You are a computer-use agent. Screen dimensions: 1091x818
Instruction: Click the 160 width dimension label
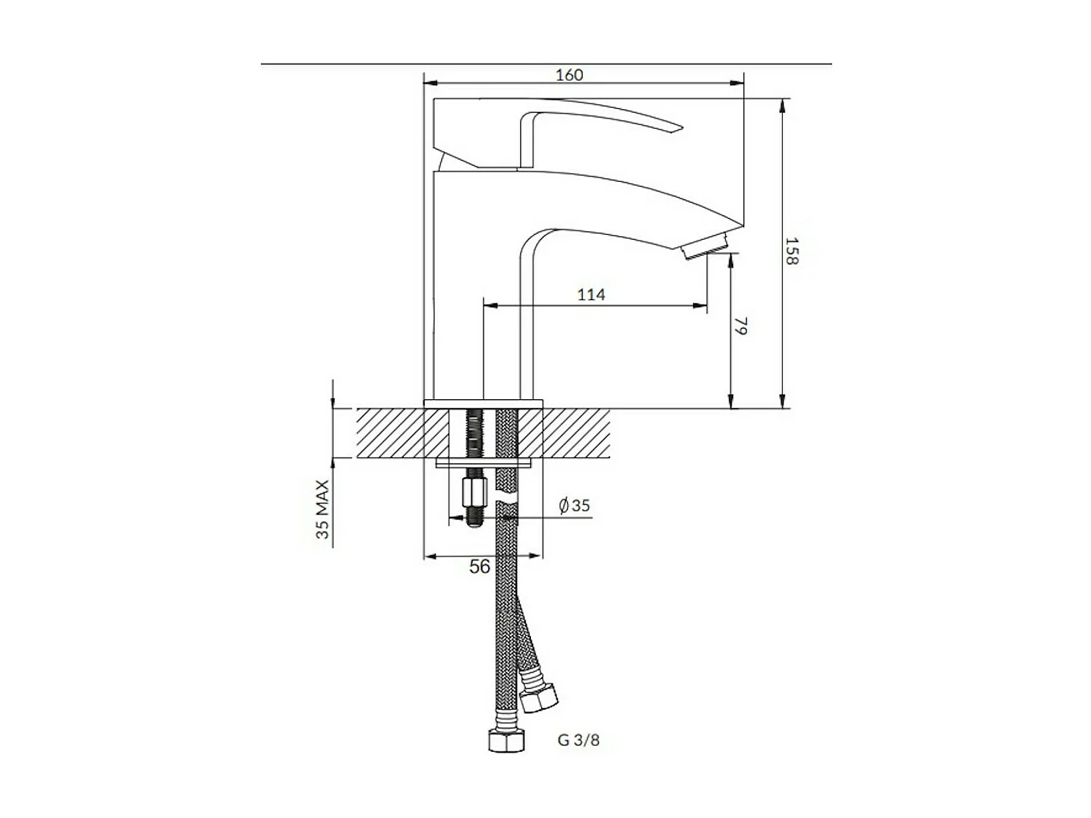click(x=569, y=75)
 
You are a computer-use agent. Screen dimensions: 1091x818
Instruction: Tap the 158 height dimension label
click(x=792, y=251)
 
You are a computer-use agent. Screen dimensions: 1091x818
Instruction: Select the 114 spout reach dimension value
click(x=591, y=294)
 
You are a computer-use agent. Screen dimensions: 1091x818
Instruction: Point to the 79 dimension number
click(x=742, y=326)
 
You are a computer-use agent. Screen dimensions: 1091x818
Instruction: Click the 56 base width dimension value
click(x=479, y=566)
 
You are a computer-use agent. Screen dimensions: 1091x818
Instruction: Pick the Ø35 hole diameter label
click(x=574, y=505)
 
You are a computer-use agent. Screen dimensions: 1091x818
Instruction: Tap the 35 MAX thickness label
click(x=323, y=509)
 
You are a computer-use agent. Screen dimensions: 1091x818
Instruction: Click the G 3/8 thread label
click(x=578, y=754)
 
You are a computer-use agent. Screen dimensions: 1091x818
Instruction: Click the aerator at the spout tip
click(x=706, y=246)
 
